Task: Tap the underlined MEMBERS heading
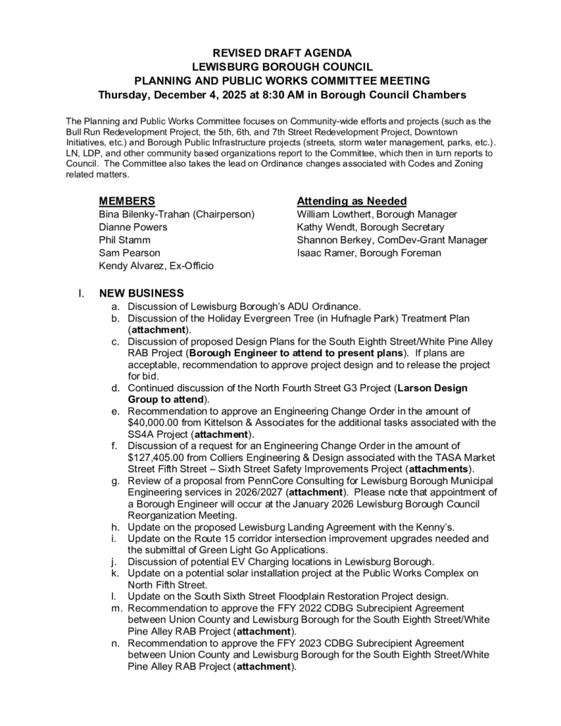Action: [x=128, y=201]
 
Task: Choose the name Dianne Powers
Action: [x=133, y=227]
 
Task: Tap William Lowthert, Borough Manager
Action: [x=377, y=214]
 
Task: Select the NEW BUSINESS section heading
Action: [x=142, y=293]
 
